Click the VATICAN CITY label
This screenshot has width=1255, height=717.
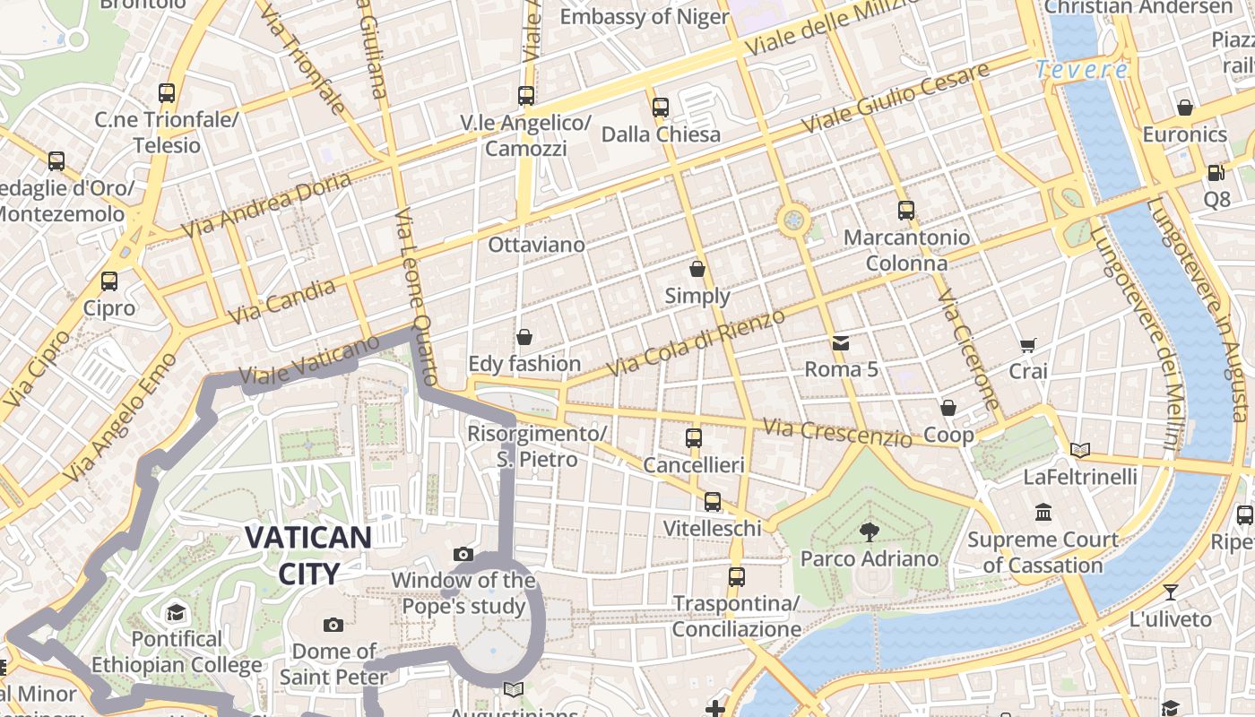click(307, 556)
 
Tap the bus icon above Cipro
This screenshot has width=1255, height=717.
click(109, 281)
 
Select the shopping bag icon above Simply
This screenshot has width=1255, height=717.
click(697, 269)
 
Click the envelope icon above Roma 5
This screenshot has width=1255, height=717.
click(840, 343)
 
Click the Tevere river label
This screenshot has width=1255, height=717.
click(1081, 69)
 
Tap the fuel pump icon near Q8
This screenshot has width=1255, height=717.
click(1216, 173)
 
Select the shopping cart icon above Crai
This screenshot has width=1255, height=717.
click(1027, 345)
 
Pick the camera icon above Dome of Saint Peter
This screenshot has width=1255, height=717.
click(333, 625)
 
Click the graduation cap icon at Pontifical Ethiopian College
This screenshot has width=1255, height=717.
click(176, 613)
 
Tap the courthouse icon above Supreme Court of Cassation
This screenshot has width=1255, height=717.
click(1043, 513)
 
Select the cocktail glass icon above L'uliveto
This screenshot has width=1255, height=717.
click(1170, 592)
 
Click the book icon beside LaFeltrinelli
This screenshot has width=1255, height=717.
click(1080, 450)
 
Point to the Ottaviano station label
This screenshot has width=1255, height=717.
click(536, 245)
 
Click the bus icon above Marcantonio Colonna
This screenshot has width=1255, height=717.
click(906, 211)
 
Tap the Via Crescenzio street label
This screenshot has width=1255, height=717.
click(836, 432)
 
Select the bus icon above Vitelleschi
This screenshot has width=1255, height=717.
click(713, 502)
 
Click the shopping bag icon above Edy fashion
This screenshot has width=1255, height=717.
click(524, 337)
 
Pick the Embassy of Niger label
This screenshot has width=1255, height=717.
click(644, 16)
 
